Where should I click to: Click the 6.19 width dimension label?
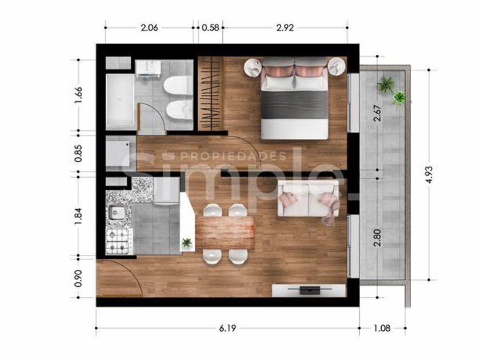227,328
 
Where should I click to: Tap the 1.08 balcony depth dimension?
382,328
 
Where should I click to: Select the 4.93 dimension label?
429,174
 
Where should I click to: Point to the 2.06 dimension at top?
149,28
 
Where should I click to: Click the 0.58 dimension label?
210,28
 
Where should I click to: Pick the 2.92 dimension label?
285,28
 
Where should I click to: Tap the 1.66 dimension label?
78,95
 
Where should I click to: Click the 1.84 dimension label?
78,216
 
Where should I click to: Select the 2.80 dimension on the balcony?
378,238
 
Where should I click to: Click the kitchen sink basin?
117,212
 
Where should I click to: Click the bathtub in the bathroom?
120,101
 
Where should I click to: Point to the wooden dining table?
225,233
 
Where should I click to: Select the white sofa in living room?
308,198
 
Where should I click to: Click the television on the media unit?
310,290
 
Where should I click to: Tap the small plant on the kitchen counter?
186,243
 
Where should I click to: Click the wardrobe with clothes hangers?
210,93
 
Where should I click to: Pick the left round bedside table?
253,67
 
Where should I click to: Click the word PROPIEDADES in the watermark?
233,157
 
